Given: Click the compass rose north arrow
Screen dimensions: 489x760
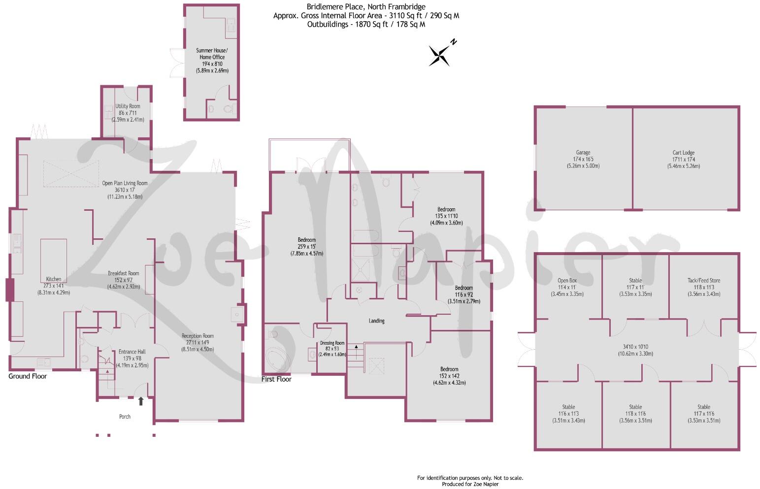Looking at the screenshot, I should tap(440, 55).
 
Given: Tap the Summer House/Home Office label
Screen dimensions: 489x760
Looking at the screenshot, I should tap(212, 54).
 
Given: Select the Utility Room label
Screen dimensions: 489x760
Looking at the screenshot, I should tap(128, 106).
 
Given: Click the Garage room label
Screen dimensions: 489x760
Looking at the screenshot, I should tap(583, 153).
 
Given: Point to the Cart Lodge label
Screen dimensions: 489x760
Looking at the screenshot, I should tap(683, 153).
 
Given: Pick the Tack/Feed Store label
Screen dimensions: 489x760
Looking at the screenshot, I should tap(704, 281).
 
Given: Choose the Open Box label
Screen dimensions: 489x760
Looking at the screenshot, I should tap(567, 281).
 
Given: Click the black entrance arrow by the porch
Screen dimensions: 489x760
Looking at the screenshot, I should tap(141, 401).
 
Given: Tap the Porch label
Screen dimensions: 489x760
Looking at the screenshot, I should tap(125, 417).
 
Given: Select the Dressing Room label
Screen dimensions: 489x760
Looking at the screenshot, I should tap(332, 343).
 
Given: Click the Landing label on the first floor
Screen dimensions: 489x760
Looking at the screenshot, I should tap(377, 321).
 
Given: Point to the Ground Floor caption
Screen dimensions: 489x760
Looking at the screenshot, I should tap(28, 376).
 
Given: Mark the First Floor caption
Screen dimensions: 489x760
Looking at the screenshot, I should tap(276, 379).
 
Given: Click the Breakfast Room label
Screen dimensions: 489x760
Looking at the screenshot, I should tap(124, 273).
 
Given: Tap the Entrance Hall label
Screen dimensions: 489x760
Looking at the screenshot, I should tap(132, 352).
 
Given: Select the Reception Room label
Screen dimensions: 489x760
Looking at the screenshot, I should tap(198, 336).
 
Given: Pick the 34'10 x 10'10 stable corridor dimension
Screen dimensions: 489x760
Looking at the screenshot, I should tap(636, 347).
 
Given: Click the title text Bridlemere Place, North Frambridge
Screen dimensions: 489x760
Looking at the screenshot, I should tap(366, 7).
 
